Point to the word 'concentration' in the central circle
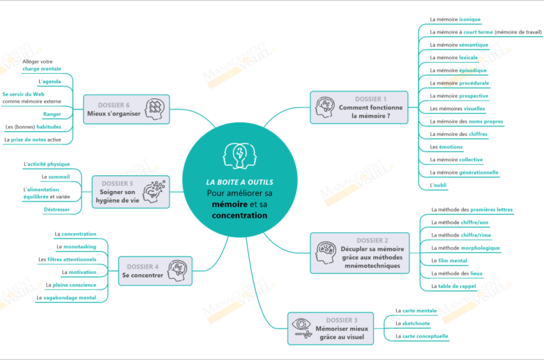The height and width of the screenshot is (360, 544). click(239, 216)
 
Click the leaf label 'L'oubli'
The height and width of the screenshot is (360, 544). click(439, 186)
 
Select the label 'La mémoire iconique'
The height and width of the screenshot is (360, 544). click(455, 20)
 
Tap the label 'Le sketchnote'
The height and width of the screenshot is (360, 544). click(412, 323)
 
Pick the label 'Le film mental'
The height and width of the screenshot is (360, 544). click(449, 260)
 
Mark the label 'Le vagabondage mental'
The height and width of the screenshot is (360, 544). click(66, 298)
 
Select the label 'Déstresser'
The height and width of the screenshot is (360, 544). click(56, 209)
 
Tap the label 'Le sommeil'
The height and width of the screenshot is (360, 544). click(56, 177)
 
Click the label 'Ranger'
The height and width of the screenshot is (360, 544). click(52, 114)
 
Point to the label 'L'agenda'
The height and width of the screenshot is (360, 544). click(50, 82)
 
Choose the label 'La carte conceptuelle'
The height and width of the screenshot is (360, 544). click(421, 336)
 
